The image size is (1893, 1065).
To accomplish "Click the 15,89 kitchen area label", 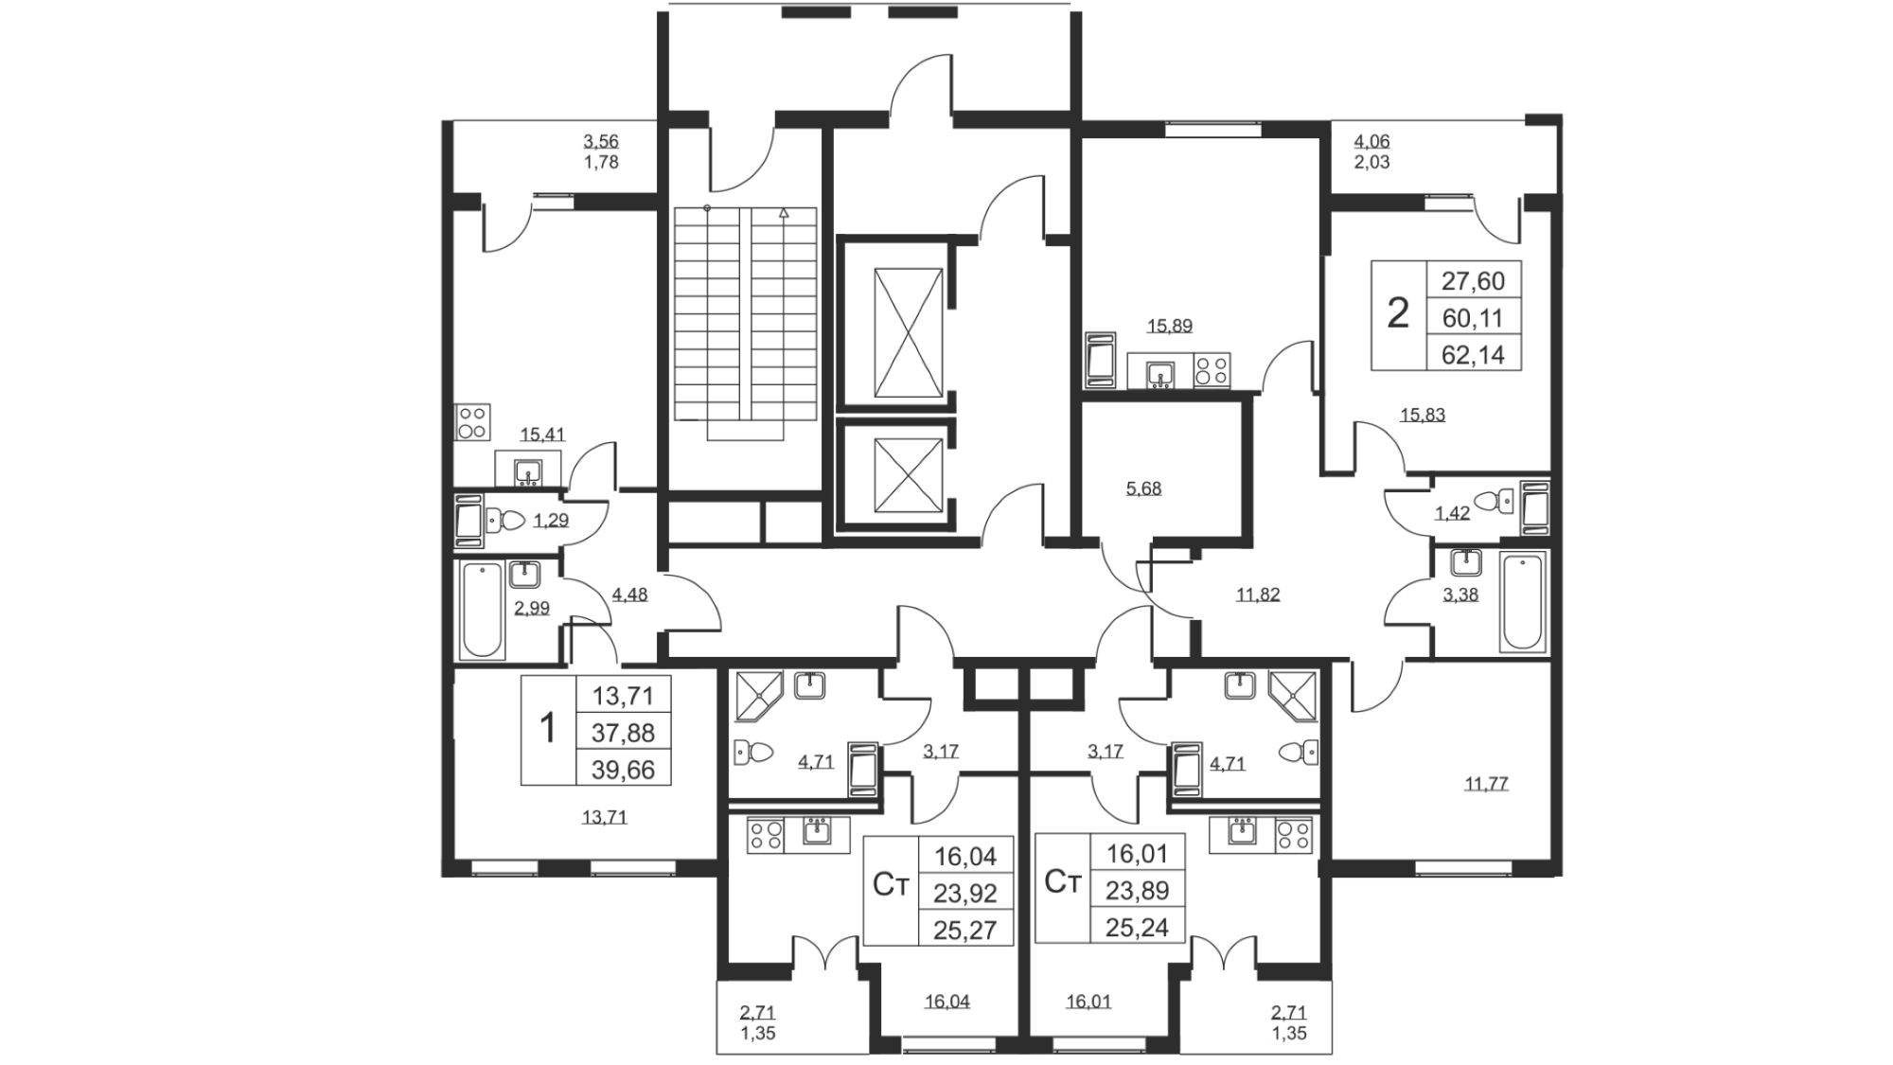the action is point(1170,327).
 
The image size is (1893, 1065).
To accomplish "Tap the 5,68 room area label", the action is point(1143,488).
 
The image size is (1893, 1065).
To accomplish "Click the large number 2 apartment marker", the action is point(1398,312).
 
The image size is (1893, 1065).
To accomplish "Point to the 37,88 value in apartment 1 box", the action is point(623,732).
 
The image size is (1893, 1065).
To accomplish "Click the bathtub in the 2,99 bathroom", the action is point(482,610).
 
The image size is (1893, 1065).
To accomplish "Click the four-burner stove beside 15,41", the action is point(472,422).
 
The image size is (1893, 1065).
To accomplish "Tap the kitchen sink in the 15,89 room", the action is point(1160,374).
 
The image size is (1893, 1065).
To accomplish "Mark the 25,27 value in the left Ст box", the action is point(965,930).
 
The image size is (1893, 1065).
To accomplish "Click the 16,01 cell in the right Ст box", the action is point(1137,854).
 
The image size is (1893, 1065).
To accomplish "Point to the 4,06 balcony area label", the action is point(1371,142).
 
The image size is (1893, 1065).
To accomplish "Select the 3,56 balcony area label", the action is point(601,142).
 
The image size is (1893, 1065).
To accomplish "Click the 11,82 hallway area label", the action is point(1258,595).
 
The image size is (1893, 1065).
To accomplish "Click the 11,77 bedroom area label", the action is point(1486,784).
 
